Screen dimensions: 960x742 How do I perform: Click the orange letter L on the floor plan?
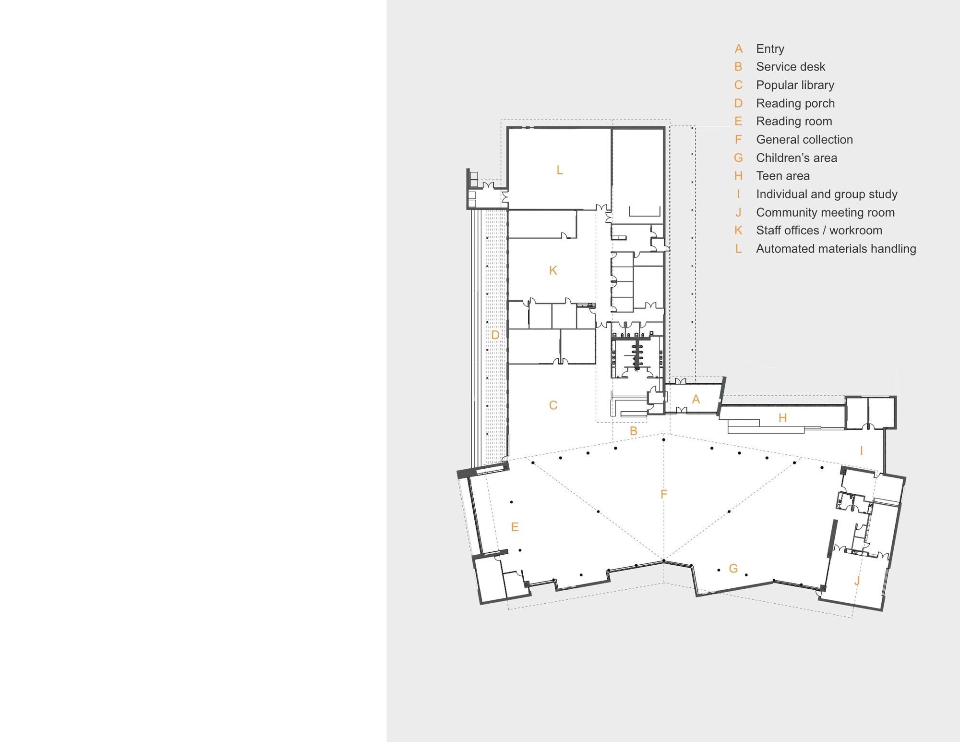(560, 170)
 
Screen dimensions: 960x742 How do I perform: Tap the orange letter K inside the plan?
(553, 270)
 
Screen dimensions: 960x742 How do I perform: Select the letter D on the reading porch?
(495, 335)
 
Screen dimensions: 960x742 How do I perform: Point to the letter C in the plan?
(553, 405)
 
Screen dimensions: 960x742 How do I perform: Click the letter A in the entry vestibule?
(696, 399)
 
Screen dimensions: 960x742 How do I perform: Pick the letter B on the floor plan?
(634, 431)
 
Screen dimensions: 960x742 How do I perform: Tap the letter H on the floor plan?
(783, 418)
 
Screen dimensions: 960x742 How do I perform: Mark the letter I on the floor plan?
(862, 451)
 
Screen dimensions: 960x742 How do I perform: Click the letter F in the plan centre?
(664, 494)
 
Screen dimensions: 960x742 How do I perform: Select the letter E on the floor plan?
(515, 527)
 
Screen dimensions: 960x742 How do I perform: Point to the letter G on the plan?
(733, 569)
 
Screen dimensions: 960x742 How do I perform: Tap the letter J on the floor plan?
(857, 582)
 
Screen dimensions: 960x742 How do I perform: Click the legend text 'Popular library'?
(795, 85)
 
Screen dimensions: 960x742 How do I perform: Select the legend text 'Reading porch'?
(795, 103)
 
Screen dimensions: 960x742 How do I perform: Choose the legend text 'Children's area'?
(797, 158)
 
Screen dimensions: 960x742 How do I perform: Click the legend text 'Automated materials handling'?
(836, 249)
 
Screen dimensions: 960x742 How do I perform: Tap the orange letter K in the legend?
(739, 231)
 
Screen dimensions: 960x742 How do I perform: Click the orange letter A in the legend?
(739, 49)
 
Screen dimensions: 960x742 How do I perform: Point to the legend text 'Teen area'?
(783, 176)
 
